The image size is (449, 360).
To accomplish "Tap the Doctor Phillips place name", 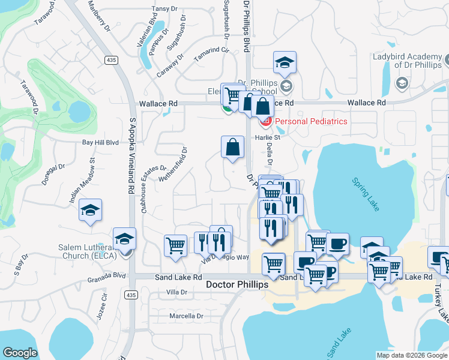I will [237, 284].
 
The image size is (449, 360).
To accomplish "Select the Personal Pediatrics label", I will [311, 121].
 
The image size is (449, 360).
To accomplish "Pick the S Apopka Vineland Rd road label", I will [131, 154].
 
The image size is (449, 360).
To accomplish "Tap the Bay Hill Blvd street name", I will [101, 143].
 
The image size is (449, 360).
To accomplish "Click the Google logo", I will [20, 353].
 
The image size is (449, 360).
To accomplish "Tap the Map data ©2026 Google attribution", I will [411, 355].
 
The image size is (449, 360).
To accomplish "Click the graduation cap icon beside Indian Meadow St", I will [90, 210].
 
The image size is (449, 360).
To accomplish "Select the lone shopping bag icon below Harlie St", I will [232, 146].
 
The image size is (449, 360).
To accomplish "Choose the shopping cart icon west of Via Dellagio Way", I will [175, 245].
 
